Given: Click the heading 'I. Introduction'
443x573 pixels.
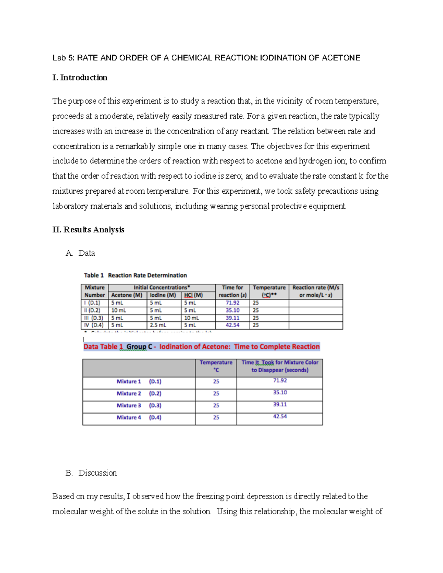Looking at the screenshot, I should pyautogui.click(x=80, y=77).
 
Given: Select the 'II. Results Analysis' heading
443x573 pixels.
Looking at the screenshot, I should pyautogui.click(x=88, y=229).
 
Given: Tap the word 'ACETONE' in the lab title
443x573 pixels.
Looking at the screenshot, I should pyautogui.click(x=341, y=58).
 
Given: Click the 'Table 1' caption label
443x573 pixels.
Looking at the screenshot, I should pyautogui.click(x=93, y=275).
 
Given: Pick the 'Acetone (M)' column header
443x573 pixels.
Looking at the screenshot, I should pyautogui.click(x=127, y=295).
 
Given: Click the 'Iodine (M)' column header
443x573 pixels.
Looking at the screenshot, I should pyautogui.click(x=162, y=295).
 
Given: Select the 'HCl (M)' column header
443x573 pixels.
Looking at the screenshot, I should pyautogui.click(x=193, y=295).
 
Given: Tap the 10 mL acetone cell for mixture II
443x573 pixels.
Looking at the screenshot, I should pyautogui.click(x=119, y=310).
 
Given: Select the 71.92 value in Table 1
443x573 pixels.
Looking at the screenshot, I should pyautogui.click(x=233, y=303).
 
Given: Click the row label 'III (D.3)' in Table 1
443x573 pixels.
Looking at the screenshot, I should pyautogui.click(x=93, y=318).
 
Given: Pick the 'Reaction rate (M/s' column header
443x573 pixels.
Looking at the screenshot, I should pyautogui.click(x=316, y=287).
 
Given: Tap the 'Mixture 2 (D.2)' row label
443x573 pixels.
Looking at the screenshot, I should pyautogui.click(x=139, y=393).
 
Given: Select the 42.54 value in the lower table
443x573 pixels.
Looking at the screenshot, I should pyautogui.click(x=280, y=416).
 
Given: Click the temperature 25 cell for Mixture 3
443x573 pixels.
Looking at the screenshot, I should pyautogui.click(x=216, y=405).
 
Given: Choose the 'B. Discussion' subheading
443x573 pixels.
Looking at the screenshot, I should pyautogui.click(x=91, y=473).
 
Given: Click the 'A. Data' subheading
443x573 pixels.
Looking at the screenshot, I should pyautogui.click(x=80, y=253).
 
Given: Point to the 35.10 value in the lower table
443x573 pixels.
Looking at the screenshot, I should pyautogui.click(x=280, y=393).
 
